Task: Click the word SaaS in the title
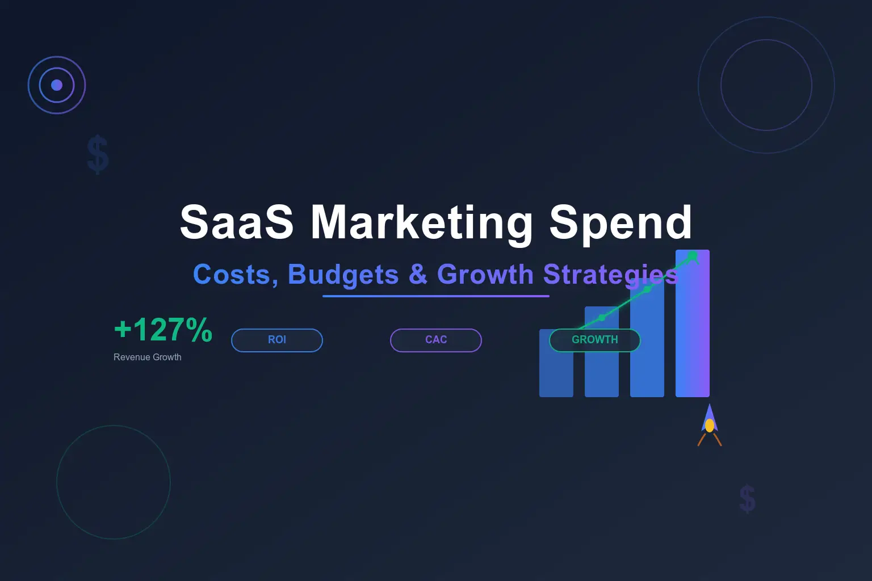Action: [237, 222]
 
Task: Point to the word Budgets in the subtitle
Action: [343, 275]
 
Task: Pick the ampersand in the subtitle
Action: [418, 275]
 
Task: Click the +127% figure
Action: [163, 330]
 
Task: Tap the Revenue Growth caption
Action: [148, 357]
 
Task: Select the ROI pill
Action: [277, 340]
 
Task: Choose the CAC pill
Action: [436, 340]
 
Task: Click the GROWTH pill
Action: [594, 340]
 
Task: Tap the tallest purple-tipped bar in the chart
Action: [693, 340]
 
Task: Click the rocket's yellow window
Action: [710, 426]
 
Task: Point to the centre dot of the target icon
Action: [57, 85]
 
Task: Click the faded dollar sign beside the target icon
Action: [98, 154]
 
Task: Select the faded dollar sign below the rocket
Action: [747, 499]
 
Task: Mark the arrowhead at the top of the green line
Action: [693, 256]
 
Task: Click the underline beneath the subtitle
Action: [436, 296]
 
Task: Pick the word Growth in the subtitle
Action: [485, 275]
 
